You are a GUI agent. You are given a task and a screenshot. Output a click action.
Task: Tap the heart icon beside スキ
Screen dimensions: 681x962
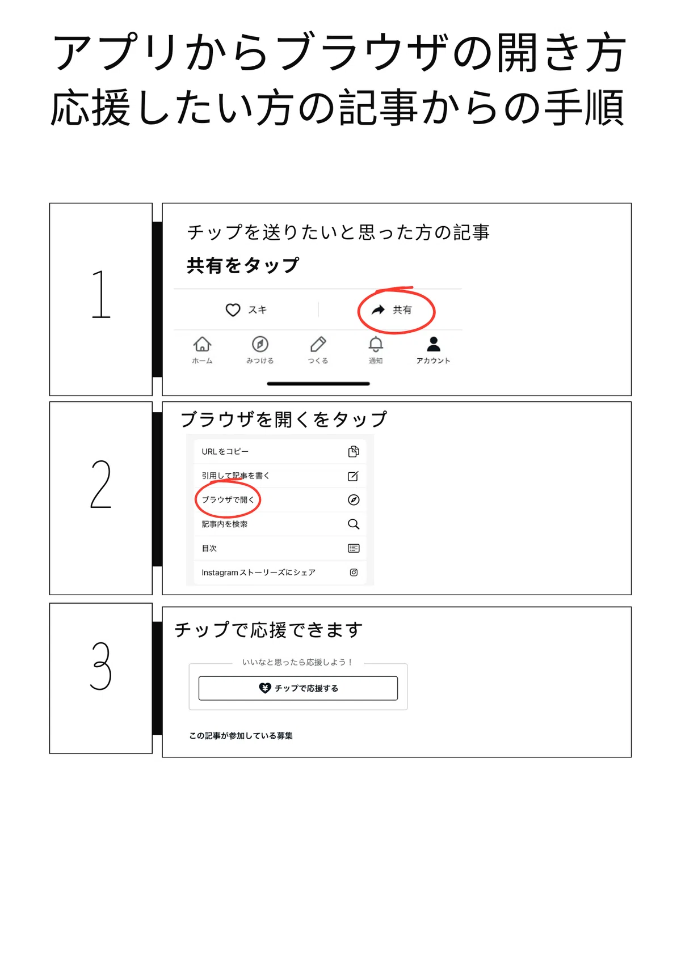[233, 310]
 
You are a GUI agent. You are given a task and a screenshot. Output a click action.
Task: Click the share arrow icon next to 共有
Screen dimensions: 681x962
[378, 310]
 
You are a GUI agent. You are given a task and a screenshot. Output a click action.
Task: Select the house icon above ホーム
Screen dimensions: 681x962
[202, 344]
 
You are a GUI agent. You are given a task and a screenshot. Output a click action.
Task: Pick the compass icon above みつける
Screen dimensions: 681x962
[260, 344]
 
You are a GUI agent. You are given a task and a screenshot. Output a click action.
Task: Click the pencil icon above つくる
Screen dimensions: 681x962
[318, 344]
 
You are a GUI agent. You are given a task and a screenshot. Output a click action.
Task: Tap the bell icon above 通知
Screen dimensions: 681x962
[376, 344]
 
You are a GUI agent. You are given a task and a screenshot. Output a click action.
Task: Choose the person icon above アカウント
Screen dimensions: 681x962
[434, 344]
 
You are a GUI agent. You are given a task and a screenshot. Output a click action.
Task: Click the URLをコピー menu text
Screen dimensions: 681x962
[225, 451]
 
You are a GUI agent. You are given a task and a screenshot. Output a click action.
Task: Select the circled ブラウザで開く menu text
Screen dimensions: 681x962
[228, 499]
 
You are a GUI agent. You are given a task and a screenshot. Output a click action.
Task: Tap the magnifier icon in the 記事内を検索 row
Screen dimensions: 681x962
[354, 524]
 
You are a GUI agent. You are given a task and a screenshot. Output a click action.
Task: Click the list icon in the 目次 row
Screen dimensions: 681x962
[354, 548]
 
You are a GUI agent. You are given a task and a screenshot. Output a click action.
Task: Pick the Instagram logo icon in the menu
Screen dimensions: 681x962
[354, 572]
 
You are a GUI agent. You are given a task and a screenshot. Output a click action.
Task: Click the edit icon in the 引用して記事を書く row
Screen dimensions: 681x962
[353, 476]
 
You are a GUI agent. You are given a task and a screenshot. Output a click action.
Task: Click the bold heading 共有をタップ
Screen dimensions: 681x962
[243, 265]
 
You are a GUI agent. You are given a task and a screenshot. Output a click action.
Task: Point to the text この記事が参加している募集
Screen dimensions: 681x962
[241, 736]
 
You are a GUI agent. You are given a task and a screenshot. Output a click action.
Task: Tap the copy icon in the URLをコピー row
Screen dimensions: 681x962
[354, 451]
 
